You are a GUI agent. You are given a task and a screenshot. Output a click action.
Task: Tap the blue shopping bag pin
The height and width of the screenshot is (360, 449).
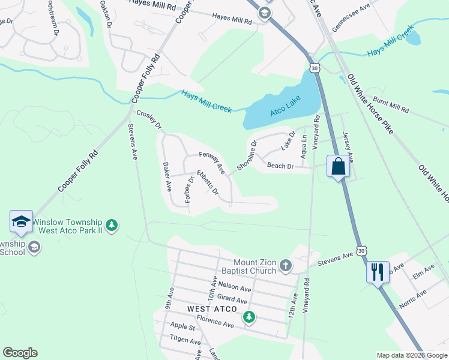[x=338, y=166]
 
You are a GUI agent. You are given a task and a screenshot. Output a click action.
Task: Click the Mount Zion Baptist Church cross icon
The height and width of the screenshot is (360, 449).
[x=286, y=265]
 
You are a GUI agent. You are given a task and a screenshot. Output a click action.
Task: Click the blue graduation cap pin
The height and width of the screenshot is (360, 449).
[x=22, y=221]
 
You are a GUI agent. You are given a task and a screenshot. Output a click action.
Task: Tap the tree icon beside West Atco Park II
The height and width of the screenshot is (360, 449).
[x=111, y=226]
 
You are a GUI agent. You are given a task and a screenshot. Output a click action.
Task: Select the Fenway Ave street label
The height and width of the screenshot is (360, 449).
[x=212, y=162]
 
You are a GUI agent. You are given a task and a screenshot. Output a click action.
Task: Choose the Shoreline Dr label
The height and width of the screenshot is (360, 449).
[x=247, y=155]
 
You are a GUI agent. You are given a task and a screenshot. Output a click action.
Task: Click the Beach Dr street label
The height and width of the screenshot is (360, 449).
[x=280, y=166]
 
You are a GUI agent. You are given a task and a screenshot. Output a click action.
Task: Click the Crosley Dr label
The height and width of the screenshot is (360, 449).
[x=149, y=119]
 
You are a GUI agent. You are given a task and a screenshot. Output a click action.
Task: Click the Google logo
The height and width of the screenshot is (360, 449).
[x=20, y=353]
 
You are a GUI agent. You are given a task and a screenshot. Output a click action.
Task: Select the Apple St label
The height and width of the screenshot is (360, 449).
[x=183, y=328]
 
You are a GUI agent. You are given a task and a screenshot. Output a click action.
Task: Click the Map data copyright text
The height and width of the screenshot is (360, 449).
[x=412, y=355]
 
